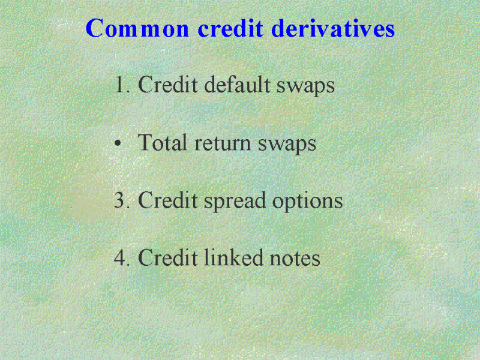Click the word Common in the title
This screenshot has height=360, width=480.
(137, 28)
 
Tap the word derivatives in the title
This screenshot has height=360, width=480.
(333, 28)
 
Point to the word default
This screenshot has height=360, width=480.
(237, 84)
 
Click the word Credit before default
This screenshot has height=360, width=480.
(168, 84)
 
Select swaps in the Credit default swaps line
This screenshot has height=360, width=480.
(305, 86)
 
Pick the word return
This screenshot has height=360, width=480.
(222, 143)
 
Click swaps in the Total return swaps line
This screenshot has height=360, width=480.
(287, 145)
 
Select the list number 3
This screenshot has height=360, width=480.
(122, 200)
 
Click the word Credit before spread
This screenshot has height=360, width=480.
(168, 200)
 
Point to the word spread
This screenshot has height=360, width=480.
(235, 202)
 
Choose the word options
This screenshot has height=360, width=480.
(307, 202)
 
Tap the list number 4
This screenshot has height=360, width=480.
(122, 257)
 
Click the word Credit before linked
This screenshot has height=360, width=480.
(168, 257)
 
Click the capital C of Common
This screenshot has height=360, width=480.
(94, 28)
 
